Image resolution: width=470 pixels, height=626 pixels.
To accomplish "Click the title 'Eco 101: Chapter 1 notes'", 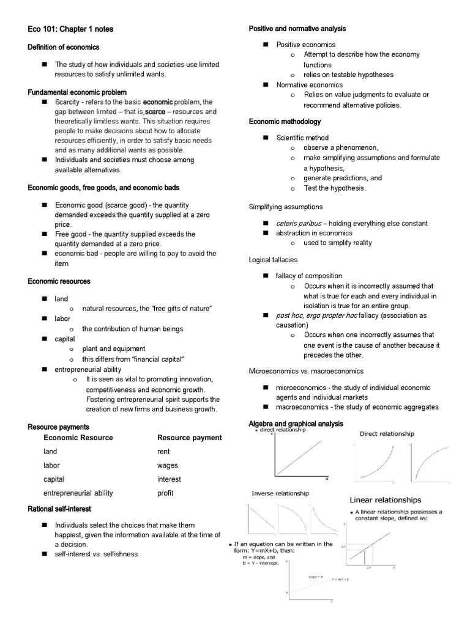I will click(70, 29).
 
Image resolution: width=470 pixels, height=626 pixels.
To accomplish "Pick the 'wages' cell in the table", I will click(167, 465).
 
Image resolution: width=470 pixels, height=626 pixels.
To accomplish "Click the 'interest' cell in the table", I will click(169, 479).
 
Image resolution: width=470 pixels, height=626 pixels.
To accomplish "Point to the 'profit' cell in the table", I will click(165, 493).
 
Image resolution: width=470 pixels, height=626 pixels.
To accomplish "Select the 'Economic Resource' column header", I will click(78, 438).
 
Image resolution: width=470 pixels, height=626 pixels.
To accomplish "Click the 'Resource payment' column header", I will click(189, 438).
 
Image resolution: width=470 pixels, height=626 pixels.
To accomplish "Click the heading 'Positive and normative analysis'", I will click(297, 29).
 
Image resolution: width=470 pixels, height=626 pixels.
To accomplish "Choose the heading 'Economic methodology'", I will click(285, 122).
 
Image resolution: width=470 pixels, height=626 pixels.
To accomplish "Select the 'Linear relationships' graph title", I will click(385, 499).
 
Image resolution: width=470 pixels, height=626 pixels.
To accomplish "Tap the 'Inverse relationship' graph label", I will click(280, 493).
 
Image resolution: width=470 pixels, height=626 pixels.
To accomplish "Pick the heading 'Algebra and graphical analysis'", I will click(296, 423).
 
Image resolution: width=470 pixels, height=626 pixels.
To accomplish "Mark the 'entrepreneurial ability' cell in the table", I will click(78, 493).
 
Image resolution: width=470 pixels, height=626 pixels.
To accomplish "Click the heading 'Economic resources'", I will click(59, 281).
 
